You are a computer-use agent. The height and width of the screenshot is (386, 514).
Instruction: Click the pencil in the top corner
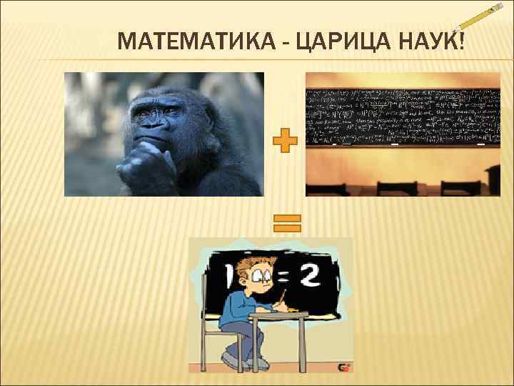(x=479, y=22)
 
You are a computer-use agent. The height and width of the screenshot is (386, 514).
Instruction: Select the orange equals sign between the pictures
(x=285, y=224)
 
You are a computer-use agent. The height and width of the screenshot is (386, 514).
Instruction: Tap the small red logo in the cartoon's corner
(x=343, y=367)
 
